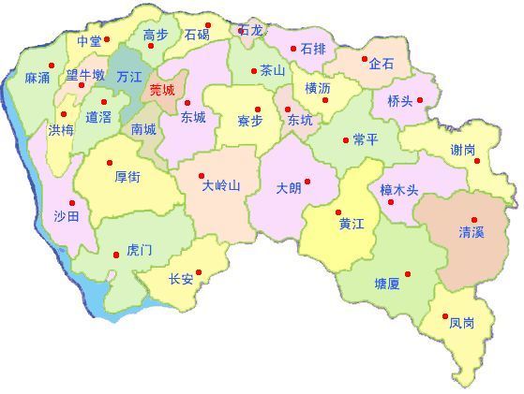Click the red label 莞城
162,91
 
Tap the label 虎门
139,250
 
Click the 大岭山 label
221,185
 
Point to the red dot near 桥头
420,99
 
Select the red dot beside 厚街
109,162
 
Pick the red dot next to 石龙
242,30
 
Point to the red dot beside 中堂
107,39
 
